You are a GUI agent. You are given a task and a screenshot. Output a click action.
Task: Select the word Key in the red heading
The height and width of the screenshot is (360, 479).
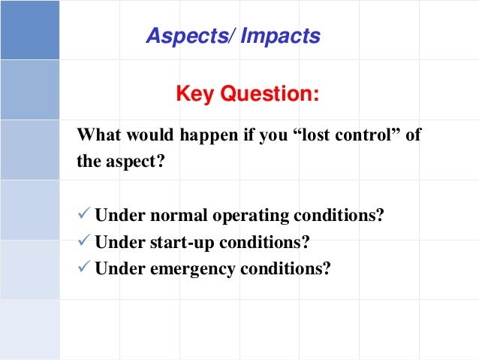point(194,95)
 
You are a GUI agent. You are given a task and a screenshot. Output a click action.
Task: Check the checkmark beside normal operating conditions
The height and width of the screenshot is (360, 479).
point(84,216)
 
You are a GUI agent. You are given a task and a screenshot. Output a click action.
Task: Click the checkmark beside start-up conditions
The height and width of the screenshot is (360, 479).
point(84,242)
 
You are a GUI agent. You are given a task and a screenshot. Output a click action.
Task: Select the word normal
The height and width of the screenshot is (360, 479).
point(175,216)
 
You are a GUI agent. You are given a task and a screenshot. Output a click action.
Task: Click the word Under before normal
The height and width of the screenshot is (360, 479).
point(117,216)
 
